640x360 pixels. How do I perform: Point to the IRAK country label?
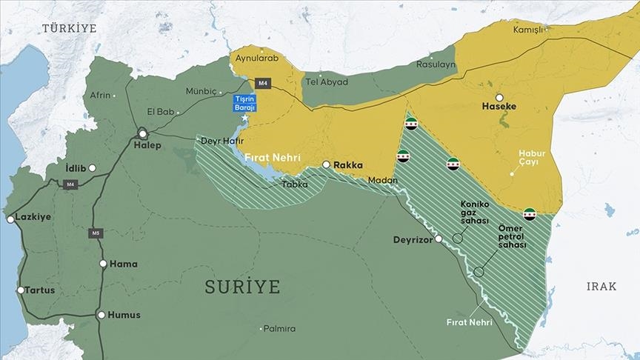pyautogui.click(x=601, y=287)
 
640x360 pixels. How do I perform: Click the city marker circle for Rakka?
pyautogui.click(x=326, y=165)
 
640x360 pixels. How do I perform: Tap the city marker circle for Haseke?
pyautogui.click(x=499, y=97)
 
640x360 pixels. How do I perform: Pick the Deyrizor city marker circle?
pyautogui.click(x=439, y=239)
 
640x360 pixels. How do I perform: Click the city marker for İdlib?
pyautogui.click(x=92, y=168)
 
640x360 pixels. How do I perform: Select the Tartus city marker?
pyautogui.click(x=21, y=290)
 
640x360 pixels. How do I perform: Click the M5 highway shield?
pyautogui.click(x=95, y=233)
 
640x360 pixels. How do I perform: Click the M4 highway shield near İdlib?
pyautogui.click(x=70, y=184)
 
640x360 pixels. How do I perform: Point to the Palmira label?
pyautogui.click(x=279, y=328)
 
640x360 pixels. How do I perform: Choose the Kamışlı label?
pyautogui.click(x=527, y=30)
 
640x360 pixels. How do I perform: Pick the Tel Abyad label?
pyautogui.click(x=326, y=82)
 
